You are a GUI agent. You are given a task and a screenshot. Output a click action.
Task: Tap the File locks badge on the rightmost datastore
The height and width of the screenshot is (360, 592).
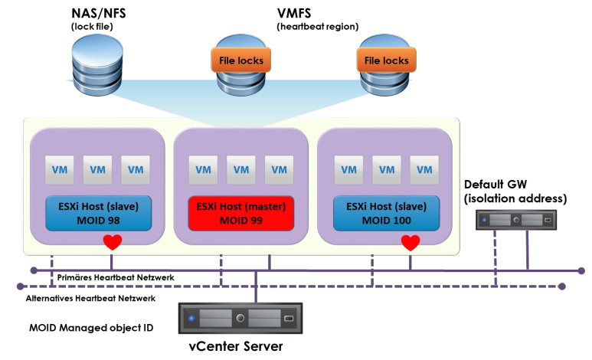386,61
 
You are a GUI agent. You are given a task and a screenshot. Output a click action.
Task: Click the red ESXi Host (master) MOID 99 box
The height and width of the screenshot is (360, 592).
242,214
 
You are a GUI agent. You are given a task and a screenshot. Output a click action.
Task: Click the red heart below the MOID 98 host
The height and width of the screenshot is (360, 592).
113,243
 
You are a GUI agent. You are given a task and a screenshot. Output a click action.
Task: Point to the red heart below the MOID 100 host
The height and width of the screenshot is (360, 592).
410,243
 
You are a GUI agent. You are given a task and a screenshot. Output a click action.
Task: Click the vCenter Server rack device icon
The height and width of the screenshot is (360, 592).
241,317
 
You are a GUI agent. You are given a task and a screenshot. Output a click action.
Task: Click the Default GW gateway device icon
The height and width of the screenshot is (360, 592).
515,220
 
